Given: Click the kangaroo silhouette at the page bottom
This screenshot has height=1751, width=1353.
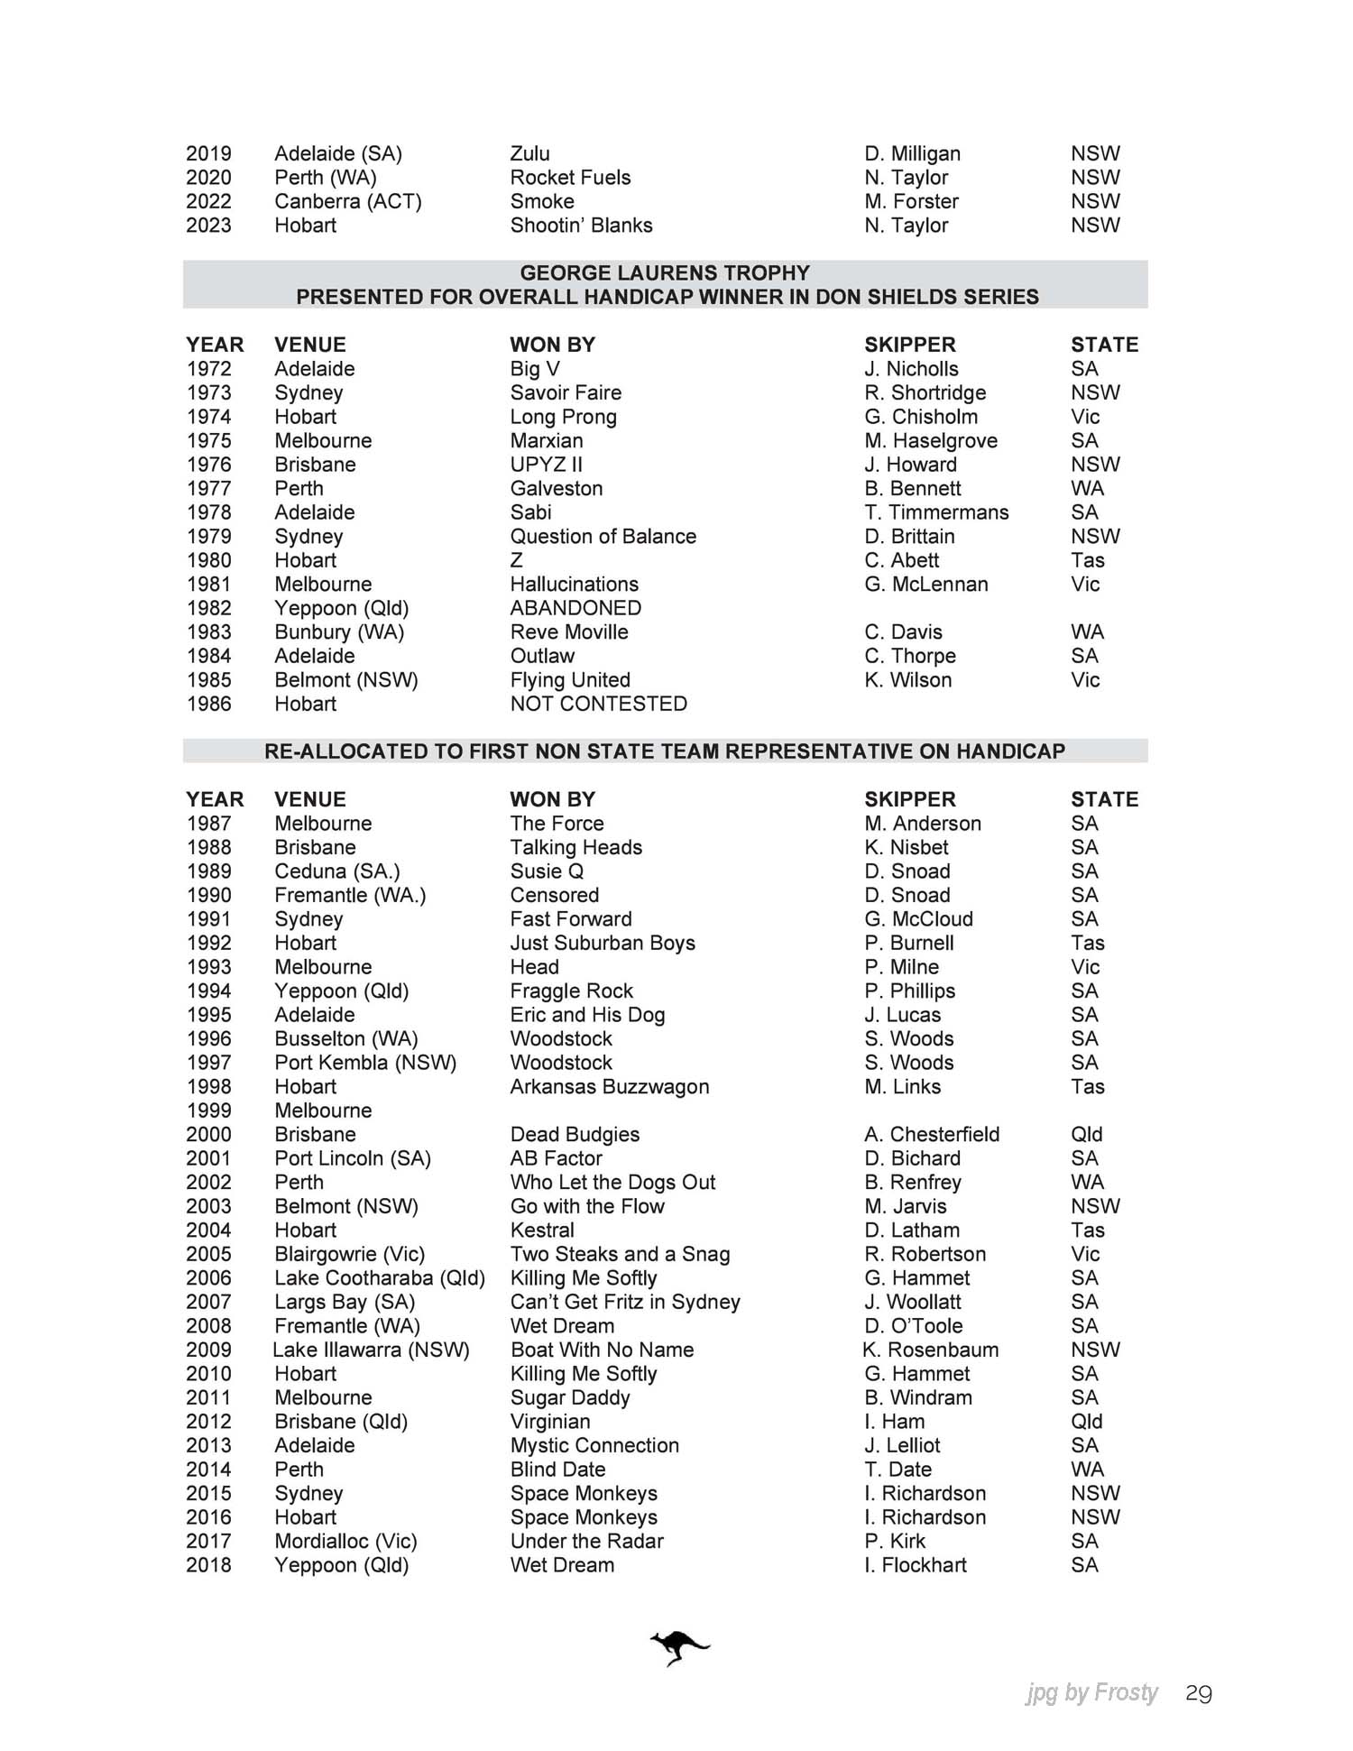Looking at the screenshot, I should pyautogui.click(x=679, y=1648).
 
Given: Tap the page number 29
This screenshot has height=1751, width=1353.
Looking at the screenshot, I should pyautogui.click(x=1198, y=1694).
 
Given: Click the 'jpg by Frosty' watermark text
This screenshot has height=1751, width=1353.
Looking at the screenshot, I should pyautogui.click(x=1091, y=1693).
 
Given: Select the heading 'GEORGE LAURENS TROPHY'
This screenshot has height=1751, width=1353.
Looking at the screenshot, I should pyautogui.click(x=665, y=272).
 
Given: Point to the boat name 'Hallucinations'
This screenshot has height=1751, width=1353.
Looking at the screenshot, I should pyautogui.click(x=574, y=585).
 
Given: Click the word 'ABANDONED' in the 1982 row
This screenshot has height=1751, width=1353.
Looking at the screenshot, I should pyautogui.click(x=575, y=608).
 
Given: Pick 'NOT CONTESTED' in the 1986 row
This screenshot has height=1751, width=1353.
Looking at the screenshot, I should pyautogui.click(x=598, y=704).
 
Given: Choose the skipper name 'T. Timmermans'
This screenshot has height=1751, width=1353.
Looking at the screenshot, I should pyautogui.click(x=936, y=512).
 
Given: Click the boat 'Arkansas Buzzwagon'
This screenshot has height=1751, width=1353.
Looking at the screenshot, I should pyautogui.click(x=609, y=1086).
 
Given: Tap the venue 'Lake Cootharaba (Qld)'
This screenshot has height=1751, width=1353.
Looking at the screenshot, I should pyautogui.click(x=380, y=1277).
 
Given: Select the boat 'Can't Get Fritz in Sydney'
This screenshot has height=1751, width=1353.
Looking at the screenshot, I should pyautogui.click(x=624, y=1302).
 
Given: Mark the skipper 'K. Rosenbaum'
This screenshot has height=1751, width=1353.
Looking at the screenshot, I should pyautogui.click(x=930, y=1350).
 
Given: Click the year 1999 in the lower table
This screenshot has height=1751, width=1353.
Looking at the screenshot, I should pyautogui.click(x=208, y=1111).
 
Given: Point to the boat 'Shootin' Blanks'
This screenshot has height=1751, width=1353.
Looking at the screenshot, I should pyautogui.click(x=581, y=226).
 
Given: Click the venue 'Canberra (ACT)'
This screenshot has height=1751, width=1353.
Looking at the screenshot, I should pyautogui.click(x=348, y=201).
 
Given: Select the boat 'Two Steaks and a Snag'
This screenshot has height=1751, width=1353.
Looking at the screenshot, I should pyautogui.click(x=620, y=1254).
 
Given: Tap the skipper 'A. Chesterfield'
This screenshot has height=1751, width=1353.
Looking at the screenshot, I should pyautogui.click(x=932, y=1134).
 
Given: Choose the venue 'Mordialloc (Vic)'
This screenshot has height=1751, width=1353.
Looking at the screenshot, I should pyautogui.click(x=345, y=1541).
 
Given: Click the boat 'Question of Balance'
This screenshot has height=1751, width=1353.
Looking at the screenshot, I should pyautogui.click(x=603, y=537).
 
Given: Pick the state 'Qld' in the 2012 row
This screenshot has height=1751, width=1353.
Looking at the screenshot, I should pyautogui.click(x=1086, y=1421).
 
